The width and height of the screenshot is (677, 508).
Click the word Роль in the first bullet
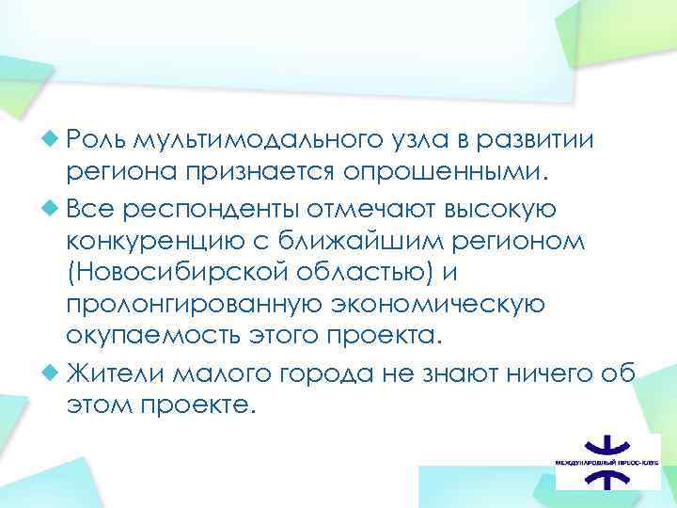click(x=97, y=140)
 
